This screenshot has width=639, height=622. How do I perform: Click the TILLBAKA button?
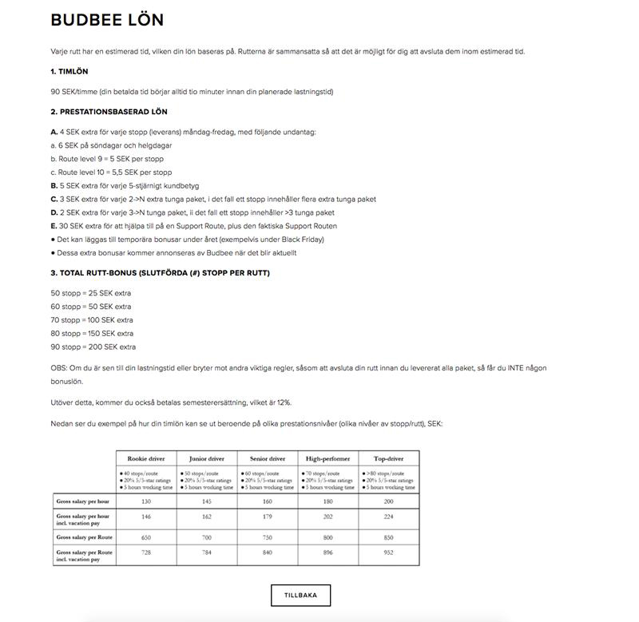click(x=300, y=595)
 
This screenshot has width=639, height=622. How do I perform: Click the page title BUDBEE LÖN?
click(x=107, y=20)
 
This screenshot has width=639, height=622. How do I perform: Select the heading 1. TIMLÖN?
click(x=69, y=72)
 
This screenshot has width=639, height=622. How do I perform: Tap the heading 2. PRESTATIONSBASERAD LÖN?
click(x=109, y=112)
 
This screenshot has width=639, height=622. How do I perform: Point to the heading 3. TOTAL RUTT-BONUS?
click(x=160, y=273)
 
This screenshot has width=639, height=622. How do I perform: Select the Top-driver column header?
click(x=389, y=459)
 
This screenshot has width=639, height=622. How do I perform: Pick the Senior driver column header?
click(x=268, y=459)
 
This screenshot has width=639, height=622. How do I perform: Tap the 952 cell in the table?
click(x=389, y=553)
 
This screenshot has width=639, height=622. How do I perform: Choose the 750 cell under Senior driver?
click(x=268, y=537)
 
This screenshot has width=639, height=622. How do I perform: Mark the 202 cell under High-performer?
click(x=328, y=517)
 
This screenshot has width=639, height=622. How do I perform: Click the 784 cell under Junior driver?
click(x=207, y=553)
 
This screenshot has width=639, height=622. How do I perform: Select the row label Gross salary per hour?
click(x=83, y=501)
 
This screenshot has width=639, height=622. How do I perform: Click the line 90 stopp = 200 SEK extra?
click(x=93, y=347)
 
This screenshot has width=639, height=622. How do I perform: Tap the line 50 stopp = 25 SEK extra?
click(x=91, y=293)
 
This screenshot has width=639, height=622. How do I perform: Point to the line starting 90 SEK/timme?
click(x=192, y=92)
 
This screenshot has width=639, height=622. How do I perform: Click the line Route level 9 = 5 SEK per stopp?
click(x=111, y=159)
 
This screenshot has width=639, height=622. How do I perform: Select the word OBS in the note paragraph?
click(x=58, y=368)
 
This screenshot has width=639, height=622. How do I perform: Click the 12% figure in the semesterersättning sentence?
click(x=284, y=402)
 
